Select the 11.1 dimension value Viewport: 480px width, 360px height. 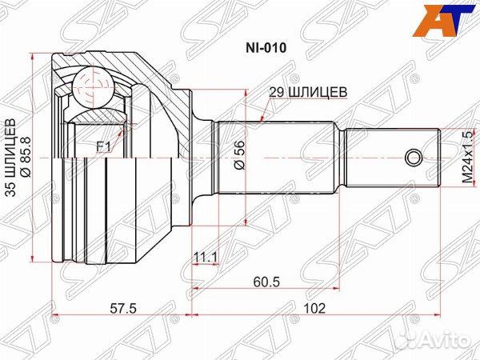pyautogui.click(x=206, y=257)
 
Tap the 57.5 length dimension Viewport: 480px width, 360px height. pyautogui.click(x=119, y=306)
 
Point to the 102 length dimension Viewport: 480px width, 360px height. pyautogui.click(x=317, y=306)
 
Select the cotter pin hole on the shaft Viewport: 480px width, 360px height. pyautogui.click(x=414, y=157)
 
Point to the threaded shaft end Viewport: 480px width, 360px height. pyautogui.click(x=392, y=157)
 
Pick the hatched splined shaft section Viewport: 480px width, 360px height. pyautogui.click(x=280, y=157)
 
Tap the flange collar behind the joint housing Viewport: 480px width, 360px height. pyautogui.click(x=203, y=157)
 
